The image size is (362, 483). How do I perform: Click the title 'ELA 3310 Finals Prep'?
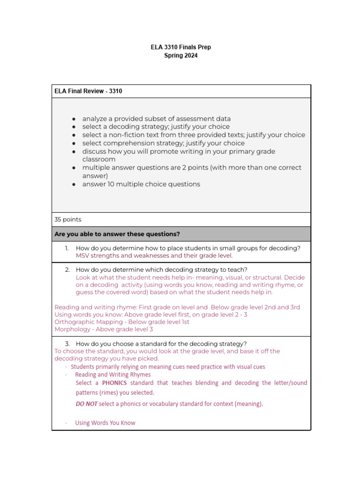tap(181, 47)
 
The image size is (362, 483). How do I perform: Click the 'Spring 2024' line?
tap(181, 56)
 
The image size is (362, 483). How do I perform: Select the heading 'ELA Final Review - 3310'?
tap(88, 91)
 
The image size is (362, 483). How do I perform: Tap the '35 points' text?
tap(68, 219)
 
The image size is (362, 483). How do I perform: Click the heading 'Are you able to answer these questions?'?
tap(117, 234)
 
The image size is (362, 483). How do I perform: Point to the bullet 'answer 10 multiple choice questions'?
tap(141, 184)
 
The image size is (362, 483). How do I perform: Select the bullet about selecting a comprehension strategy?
tap(163, 143)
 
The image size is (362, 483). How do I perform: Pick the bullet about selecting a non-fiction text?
tap(193, 135)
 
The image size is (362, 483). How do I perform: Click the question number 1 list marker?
tap(67, 248)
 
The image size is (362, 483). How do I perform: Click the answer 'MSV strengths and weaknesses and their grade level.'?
tap(154, 256)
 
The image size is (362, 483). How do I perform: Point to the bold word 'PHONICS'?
tap(114, 383)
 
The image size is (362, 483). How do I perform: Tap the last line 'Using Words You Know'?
tap(105, 423)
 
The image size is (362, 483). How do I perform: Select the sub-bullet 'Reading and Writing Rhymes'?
tap(113, 375)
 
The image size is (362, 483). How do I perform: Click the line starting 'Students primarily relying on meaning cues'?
tap(168, 366)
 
